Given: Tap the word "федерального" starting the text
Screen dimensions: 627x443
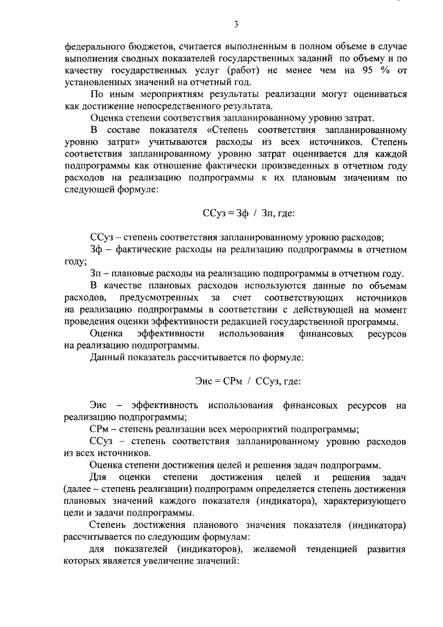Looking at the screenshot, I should pyautogui.click(x=94, y=46).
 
